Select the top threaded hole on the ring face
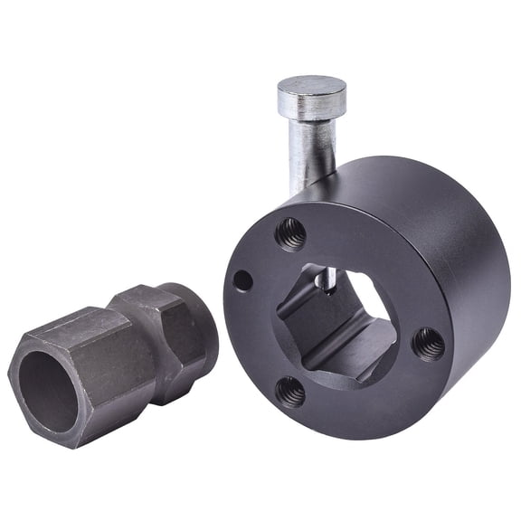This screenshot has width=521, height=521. tap(290, 233)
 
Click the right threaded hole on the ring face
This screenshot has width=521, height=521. tap(428, 344)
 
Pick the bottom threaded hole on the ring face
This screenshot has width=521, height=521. tap(290, 391)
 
